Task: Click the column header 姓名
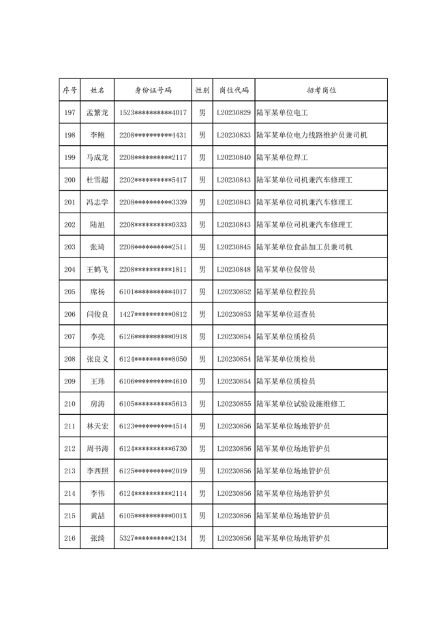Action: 97,90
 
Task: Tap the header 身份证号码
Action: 153,90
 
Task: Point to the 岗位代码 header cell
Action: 234,90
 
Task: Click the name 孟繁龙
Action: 97,112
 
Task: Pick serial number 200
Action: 70,180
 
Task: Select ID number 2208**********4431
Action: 153,135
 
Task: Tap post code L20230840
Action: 234,157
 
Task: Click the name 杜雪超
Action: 97,180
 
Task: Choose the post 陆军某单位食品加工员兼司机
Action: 304,247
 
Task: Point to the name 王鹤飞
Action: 97,270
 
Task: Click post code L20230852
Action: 234,292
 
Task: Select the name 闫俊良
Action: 97,314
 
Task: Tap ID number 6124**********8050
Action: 153,359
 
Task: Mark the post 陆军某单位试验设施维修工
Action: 301,404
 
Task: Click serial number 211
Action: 70,426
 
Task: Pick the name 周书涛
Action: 97,449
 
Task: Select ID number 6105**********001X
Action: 153,516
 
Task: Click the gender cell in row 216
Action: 202,538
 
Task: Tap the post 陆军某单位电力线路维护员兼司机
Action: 311,135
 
